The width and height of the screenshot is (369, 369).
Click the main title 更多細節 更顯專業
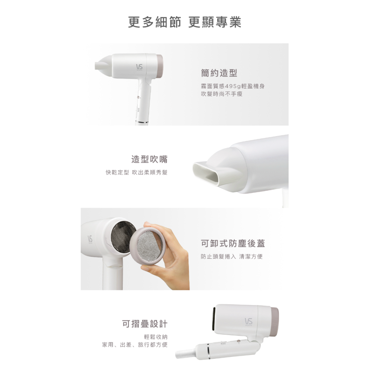pyautogui.click(x=184, y=22)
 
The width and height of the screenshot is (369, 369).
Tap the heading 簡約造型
pyautogui.click(x=219, y=73)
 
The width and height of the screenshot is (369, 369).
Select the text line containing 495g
pyautogui.click(x=233, y=86)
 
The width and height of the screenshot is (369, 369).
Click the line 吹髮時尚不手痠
pyautogui.click(x=222, y=94)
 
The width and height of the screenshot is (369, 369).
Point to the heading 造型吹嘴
pyautogui.click(x=149, y=159)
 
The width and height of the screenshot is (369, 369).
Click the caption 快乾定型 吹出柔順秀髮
pyautogui.click(x=137, y=172)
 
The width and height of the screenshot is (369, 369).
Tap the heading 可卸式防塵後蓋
pyautogui.click(x=233, y=244)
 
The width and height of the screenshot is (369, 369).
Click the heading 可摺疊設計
pyautogui.click(x=145, y=324)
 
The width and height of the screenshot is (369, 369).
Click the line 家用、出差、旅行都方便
pyautogui.click(x=135, y=345)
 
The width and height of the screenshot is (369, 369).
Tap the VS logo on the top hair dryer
pyautogui.click(x=139, y=67)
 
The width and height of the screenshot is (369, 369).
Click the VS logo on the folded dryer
pyautogui.click(x=248, y=322)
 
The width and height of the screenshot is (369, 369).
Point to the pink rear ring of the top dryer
pyautogui.click(x=160, y=66)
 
